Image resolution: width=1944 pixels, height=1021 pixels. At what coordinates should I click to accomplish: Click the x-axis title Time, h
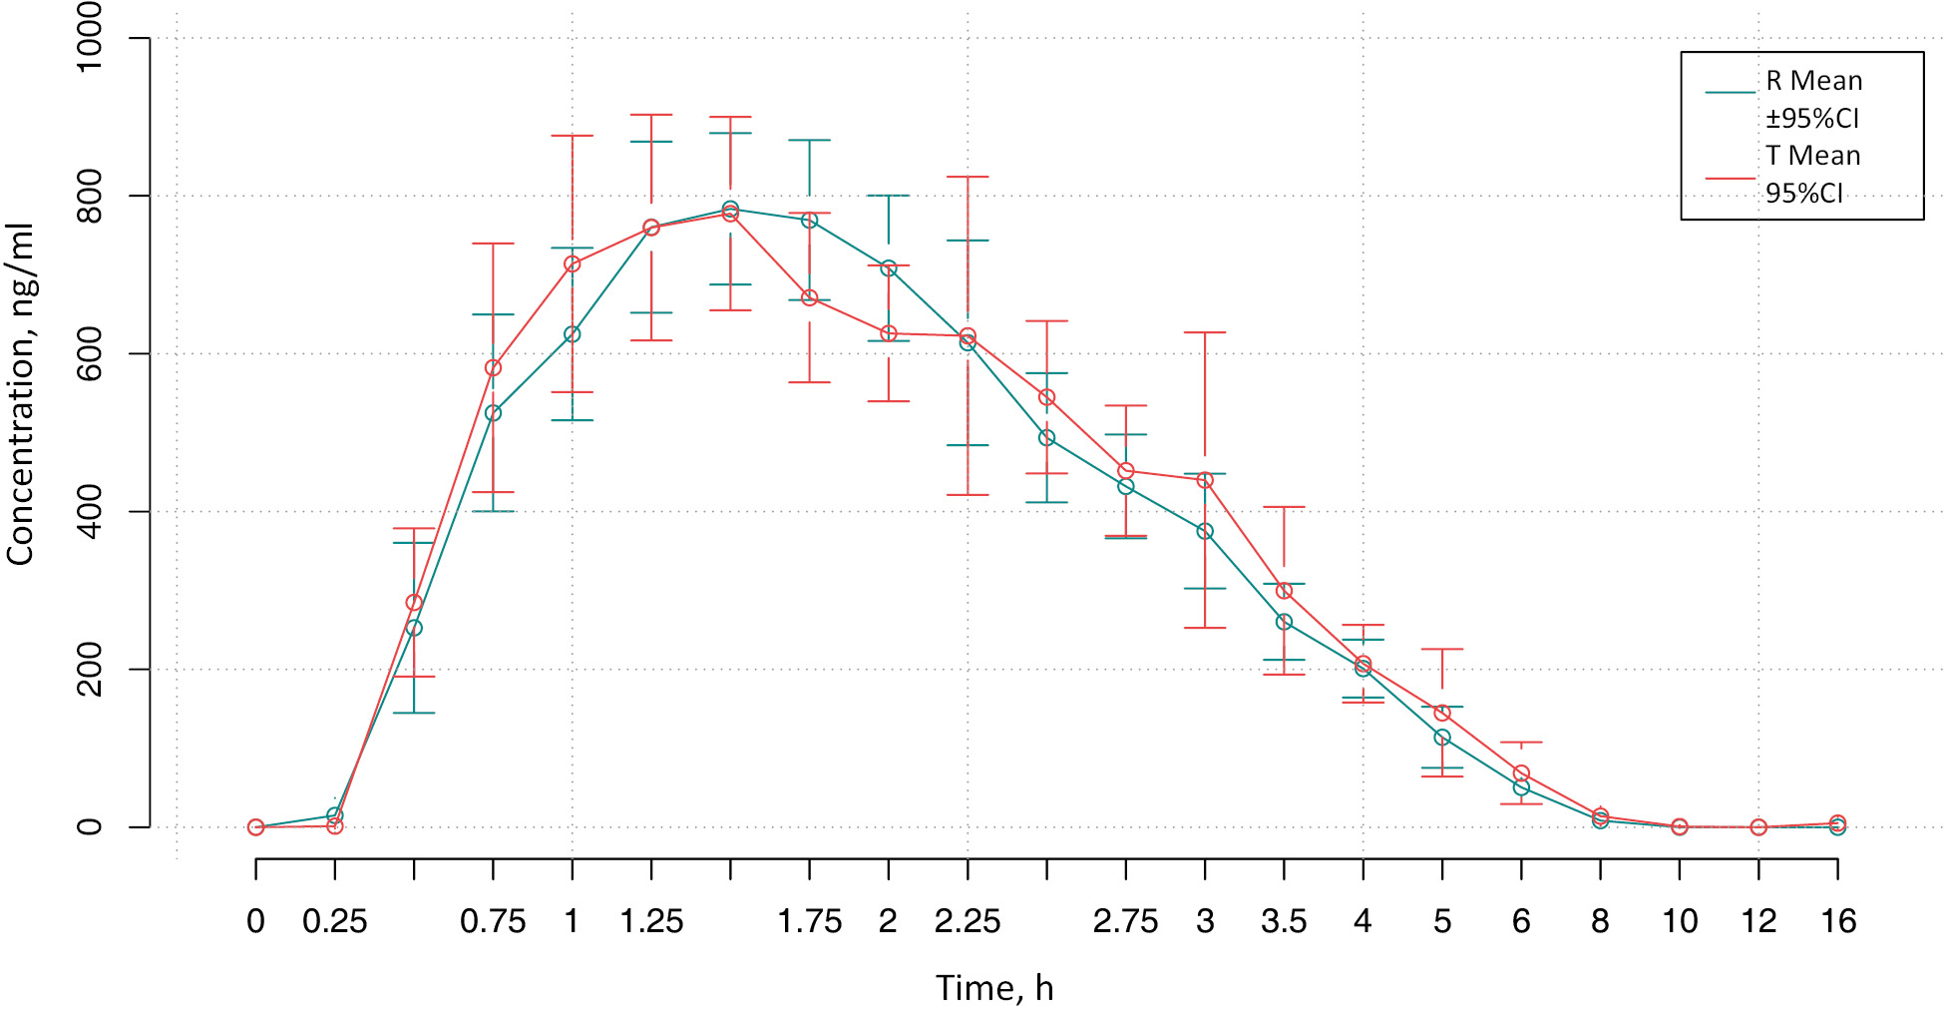[x=994, y=988]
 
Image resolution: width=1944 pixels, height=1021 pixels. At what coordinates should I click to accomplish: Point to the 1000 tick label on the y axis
[x=90, y=38]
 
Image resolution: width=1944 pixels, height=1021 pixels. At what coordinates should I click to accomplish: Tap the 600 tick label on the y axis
[x=90, y=353]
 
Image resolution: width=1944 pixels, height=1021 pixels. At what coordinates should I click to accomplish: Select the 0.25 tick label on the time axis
[x=335, y=921]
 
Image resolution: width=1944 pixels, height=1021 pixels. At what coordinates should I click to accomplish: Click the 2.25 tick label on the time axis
[x=968, y=921]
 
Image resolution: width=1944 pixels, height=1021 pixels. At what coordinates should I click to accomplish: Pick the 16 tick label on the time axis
[x=1837, y=921]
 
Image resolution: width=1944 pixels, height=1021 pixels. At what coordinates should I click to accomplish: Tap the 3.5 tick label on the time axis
[x=1284, y=921]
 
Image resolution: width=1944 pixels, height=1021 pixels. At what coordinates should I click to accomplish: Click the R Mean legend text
[x=1813, y=81]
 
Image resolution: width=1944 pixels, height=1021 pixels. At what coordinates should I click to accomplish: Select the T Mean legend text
[x=1812, y=156]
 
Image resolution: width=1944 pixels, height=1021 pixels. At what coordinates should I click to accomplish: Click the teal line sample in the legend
[x=1730, y=92]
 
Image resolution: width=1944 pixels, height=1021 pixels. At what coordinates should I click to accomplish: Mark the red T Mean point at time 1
[x=573, y=264]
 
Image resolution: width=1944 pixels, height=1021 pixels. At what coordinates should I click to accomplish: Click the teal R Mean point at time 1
[x=573, y=334]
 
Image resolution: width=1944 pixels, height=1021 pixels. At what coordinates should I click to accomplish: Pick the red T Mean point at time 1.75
[x=810, y=297]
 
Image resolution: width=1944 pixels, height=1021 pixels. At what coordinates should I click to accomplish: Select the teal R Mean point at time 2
[x=889, y=268]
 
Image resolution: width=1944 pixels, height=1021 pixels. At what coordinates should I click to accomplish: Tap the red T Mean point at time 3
[x=1205, y=480]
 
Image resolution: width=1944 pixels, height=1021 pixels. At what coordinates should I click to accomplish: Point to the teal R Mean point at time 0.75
[x=493, y=413]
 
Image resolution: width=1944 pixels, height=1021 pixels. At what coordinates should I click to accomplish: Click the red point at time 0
[x=256, y=827]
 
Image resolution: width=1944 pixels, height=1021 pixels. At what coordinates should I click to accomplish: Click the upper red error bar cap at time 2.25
[x=968, y=177]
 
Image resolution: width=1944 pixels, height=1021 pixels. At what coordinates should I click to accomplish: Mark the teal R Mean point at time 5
[x=1442, y=738]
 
